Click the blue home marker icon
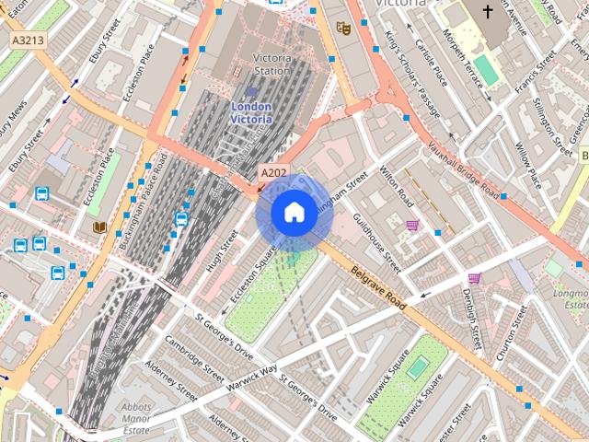point(293,213)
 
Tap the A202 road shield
point(272,172)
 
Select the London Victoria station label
point(250,112)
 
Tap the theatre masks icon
point(343,29)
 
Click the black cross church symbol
point(488,11)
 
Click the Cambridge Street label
point(195,357)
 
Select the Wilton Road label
point(403,192)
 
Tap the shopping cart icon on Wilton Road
point(413,224)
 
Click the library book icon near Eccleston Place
point(99,227)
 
